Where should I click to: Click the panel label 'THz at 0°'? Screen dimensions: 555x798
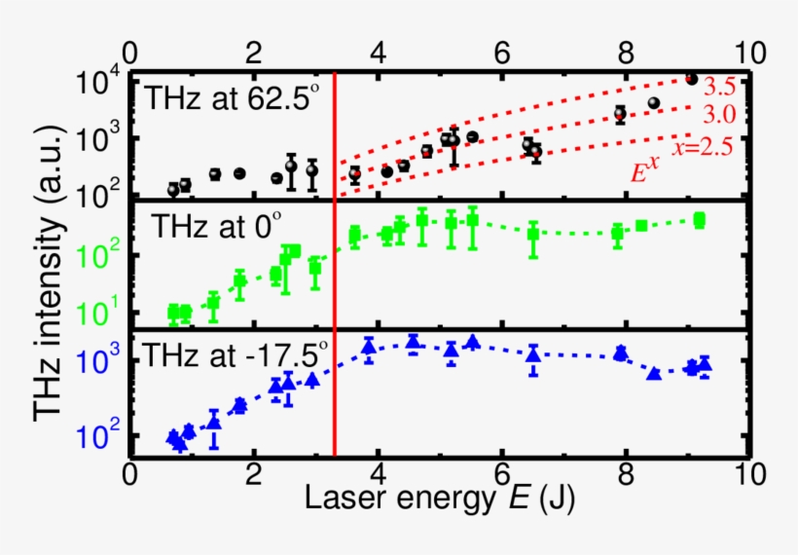(x=216, y=227)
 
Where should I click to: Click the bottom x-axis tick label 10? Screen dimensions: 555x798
(x=746, y=475)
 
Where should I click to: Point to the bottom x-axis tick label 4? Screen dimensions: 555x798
(x=378, y=475)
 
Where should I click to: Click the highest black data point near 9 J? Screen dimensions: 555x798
(x=692, y=79)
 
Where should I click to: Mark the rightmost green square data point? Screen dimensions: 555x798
(x=700, y=220)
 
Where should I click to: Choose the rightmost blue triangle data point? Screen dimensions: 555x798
(x=705, y=364)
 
